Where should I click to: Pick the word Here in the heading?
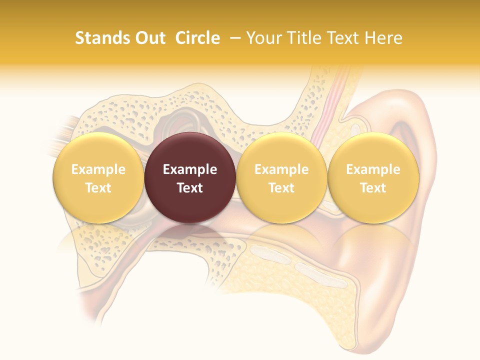click(383, 38)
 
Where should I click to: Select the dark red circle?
click(190, 178)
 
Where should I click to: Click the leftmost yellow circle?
click(98, 178)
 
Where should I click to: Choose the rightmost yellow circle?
click(373, 178)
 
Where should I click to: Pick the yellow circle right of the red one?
click(281, 178)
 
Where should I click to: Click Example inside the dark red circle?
click(190, 169)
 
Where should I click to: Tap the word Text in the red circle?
click(190, 188)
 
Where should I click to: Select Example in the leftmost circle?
click(98, 169)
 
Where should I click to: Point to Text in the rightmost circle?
click(373, 188)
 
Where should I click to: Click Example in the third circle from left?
click(281, 169)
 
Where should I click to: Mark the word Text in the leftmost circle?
click(98, 188)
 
